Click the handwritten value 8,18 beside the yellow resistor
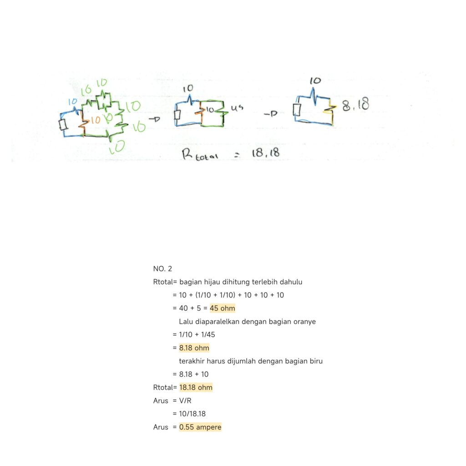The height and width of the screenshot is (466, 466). pos(355,105)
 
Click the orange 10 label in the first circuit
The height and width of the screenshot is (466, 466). pos(95,121)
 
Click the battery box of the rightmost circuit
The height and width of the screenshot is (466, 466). pos(297,110)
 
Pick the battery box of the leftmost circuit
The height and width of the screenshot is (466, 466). pos(63,124)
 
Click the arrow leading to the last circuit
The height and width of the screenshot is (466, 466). pos(271,114)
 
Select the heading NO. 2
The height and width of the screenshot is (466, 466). pos(162,269)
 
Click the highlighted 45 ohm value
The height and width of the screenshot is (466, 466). pos(222,309)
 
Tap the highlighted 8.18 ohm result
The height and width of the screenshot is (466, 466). pos(194,348)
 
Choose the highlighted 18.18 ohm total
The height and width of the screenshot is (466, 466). pos(196,388)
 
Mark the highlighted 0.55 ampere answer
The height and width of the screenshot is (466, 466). pos(200,427)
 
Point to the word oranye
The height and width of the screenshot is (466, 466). pos(305,322)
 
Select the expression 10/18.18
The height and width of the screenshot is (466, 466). pos(192,414)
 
